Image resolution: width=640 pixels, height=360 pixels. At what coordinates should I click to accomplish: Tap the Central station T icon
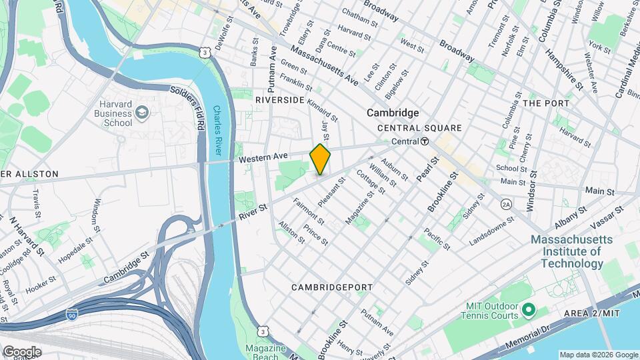424,141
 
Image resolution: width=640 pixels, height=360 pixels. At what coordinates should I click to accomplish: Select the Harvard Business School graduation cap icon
141,113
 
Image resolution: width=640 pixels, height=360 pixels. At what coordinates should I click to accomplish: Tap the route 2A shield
507,204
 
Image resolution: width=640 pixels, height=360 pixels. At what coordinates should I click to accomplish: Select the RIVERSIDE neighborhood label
279,100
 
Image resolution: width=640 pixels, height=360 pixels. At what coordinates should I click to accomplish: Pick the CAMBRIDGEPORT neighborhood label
332,287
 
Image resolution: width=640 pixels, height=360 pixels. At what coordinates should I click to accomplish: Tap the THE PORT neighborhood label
546,103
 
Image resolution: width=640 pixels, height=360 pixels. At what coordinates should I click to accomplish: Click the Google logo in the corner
22,351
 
